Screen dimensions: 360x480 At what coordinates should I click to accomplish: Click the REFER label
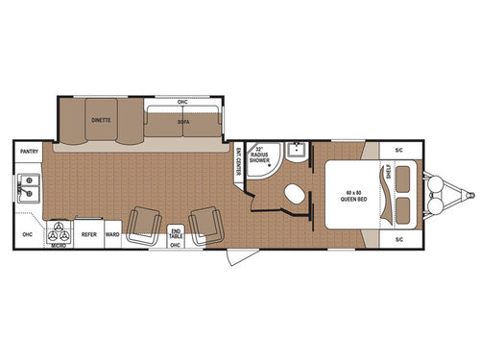pyautogui.click(x=88, y=233)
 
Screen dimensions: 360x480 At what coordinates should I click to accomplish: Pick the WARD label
pyautogui.click(x=112, y=233)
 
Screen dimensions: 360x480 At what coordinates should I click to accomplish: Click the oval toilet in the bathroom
pyautogui.click(x=292, y=193)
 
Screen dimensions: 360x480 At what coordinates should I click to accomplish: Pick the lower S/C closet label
pyautogui.click(x=398, y=237)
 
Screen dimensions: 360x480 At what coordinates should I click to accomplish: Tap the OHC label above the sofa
pyautogui.click(x=182, y=102)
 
